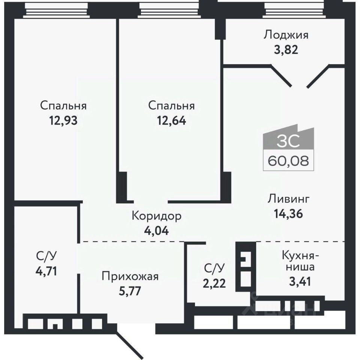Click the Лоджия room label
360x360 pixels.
tap(286, 35)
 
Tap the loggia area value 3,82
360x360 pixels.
tap(286, 50)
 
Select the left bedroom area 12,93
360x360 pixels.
tap(63, 121)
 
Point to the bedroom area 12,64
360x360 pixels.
tap(171, 121)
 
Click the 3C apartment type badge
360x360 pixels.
tap(288, 141)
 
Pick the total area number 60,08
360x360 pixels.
tap(288, 162)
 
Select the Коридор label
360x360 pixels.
tap(157, 216)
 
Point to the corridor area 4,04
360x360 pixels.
tap(157, 230)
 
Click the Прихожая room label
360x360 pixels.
tap(130, 277)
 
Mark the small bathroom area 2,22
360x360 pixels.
tap(215, 283)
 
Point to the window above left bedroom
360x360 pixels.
tap(56, 9)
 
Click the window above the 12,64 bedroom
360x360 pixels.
tap(169, 9)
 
